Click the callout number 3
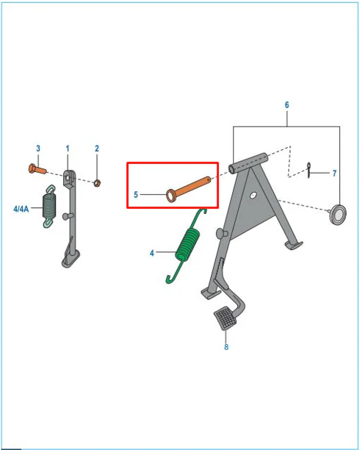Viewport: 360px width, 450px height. [38, 149]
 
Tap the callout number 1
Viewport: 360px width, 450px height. [68, 149]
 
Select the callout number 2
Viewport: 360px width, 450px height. [97, 149]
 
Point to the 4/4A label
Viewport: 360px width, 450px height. [21, 209]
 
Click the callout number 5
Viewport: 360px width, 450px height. [136, 195]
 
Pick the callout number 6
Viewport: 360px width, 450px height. [287, 104]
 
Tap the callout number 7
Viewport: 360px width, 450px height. [334, 173]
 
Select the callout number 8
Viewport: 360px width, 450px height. [226, 347]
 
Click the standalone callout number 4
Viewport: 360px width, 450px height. [152, 253]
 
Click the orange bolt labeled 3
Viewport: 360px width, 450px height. [37, 169]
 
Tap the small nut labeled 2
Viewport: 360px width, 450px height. [97, 183]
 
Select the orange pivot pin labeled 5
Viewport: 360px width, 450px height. [188, 190]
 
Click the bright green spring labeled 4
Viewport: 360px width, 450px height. [187, 246]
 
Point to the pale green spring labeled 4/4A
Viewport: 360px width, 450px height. [49, 207]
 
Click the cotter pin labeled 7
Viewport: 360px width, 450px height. [309, 170]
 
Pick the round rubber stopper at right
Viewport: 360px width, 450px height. [338, 215]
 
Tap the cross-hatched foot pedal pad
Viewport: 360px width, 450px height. [225, 318]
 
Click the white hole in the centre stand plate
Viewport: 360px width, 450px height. [253, 196]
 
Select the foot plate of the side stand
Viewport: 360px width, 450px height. [71, 259]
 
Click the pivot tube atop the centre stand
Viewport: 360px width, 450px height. [248, 163]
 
